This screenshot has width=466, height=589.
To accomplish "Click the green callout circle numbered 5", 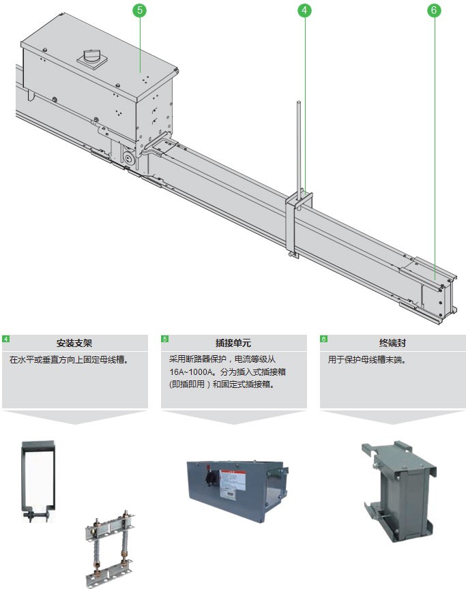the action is tap(140, 10).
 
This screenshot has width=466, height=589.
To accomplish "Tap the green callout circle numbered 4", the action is tap(304, 10).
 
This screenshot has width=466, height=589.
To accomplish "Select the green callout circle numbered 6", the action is tap(434, 10).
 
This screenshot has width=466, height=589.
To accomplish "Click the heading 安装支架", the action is tap(74, 343).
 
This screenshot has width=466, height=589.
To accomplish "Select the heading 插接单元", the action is tap(233, 343).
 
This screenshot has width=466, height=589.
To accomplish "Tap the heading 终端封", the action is tap(392, 343).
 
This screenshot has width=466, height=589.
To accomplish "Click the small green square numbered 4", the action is tap(5, 339).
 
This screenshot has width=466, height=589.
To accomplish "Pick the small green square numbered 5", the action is tap(164, 339).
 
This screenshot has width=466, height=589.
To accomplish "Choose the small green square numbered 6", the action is tap(323, 339).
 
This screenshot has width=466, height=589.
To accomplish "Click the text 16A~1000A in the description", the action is tap(192, 372).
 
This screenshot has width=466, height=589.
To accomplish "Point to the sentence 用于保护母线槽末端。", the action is tap(367, 359).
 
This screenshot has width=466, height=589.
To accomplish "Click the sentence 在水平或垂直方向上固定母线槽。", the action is tap(69, 359).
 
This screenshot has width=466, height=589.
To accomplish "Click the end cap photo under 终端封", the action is tap(399, 490).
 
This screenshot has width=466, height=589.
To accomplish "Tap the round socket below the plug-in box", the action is tap(129, 159).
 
